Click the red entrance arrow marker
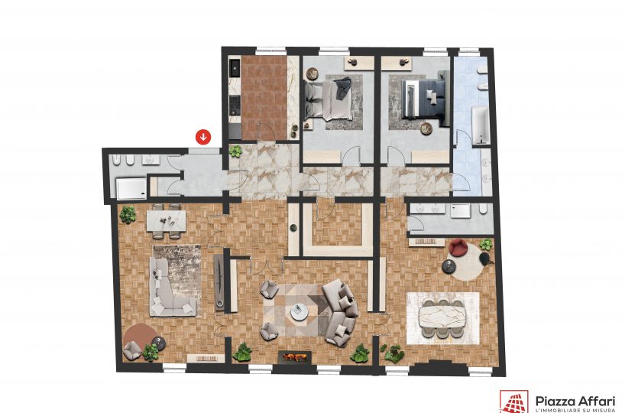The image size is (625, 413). (203, 137)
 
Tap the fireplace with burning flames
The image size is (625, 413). (295, 357)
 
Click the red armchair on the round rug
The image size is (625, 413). (458, 247)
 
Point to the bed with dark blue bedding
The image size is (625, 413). (425, 98)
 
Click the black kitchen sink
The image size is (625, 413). (235, 69)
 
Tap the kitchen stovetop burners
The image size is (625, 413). (235, 106)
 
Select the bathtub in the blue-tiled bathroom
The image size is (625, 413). (481, 125)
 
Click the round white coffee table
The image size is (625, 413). (299, 312)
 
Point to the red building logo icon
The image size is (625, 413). (513, 402)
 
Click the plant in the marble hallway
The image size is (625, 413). (235, 151)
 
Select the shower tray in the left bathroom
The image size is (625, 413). (131, 188)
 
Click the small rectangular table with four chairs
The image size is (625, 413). (167, 221)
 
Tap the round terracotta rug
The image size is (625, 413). (140, 338)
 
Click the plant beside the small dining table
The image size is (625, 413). (128, 215)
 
